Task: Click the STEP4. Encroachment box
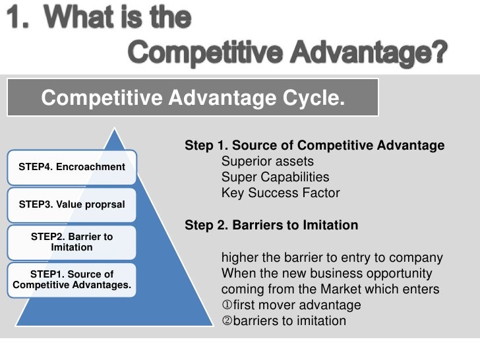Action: pos(72,167)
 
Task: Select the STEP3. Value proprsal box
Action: pos(72,204)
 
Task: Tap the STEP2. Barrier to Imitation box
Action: pos(72,242)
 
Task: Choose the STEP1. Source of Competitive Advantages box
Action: pos(72,280)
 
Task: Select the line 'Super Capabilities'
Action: pos(275,177)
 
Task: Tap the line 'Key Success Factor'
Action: pos(280,193)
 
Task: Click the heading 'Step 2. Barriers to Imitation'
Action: pos(271,225)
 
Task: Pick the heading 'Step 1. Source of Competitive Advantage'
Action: pos(315,146)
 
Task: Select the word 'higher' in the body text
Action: pos(240,258)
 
